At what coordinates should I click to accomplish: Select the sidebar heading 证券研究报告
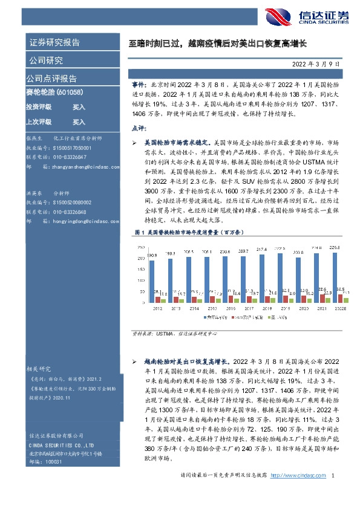point(54,42)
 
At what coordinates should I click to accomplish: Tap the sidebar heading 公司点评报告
point(51,79)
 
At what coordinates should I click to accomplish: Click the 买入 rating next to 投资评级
point(79,107)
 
